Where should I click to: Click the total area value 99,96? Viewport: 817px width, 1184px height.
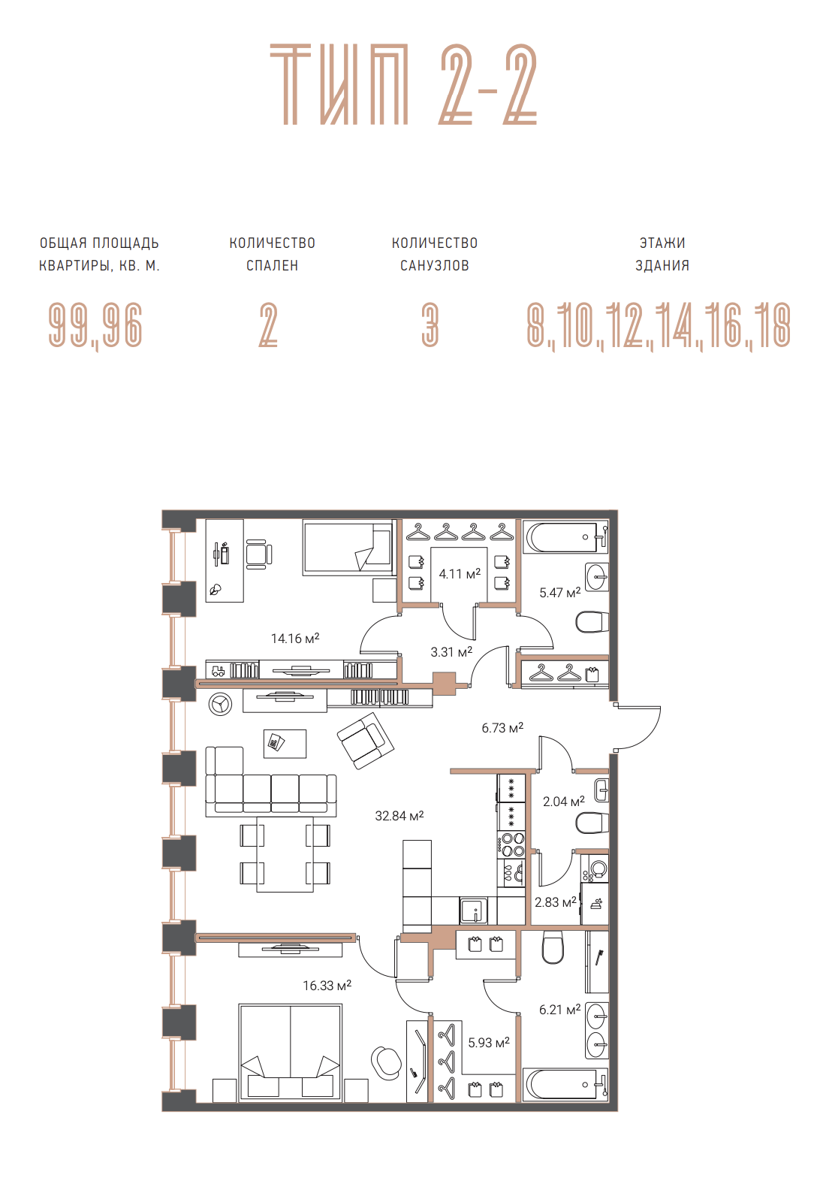pyautogui.click(x=95, y=325)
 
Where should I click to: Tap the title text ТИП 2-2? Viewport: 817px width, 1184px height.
pyautogui.click(x=403, y=85)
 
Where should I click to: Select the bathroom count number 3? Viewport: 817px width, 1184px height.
pyautogui.click(x=430, y=325)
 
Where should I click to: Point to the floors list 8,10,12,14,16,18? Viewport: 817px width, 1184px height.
pyautogui.click(x=659, y=325)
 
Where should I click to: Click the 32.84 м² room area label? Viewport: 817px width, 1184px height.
pyautogui.click(x=399, y=816)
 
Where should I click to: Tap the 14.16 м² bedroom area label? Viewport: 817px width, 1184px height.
pyautogui.click(x=295, y=639)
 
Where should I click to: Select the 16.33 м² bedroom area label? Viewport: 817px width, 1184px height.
pyautogui.click(x=327, y=985)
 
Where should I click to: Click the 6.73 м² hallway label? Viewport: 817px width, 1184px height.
pyautogui.click(x=502, y=728)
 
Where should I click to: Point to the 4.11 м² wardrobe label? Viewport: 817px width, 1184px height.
pyautogui.click(x=460, y=573)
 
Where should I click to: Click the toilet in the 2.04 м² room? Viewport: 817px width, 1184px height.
pyautogui.click(x=592, y=823)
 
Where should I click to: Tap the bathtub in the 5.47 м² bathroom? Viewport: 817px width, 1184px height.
pyautogui.click(x=565, y=536)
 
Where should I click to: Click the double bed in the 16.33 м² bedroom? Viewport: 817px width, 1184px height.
pyautogui.click(x=290, y=1053)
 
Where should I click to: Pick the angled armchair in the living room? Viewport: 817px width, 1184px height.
pyautogui.click(x=365, y=741)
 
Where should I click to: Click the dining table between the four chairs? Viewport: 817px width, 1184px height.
pyautogui.click(x=285, y=855)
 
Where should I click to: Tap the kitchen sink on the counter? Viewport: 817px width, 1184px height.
pyautogui.click(x=474, y=911)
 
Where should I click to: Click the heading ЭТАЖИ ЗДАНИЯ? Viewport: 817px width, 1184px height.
pyautogui.click(x=662, y=254)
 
